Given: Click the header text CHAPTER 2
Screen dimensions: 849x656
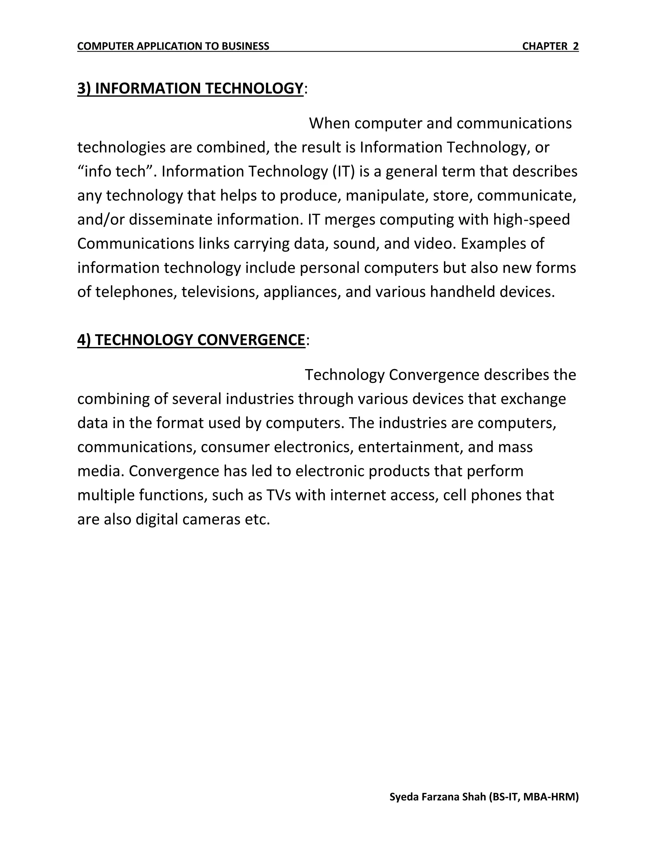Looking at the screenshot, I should (x=550, y=46).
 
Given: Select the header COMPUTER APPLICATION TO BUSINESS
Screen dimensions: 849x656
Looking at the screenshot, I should (x=173, y=46).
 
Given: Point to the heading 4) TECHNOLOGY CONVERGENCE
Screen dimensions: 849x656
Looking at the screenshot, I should (x=191, y=340).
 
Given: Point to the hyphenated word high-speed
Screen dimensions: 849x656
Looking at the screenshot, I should (x=531, y=220).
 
